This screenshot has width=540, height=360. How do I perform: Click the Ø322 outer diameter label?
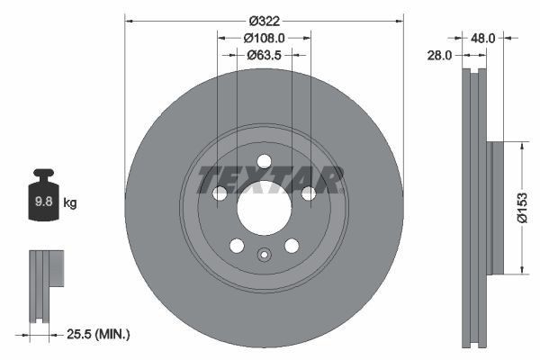[264, 21]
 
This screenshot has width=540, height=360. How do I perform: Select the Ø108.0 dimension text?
[264, 38]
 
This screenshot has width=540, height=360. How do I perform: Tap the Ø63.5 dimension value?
[265, 54]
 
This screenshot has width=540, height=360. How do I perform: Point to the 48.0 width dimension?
[483, 39]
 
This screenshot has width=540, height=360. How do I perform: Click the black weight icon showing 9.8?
[43, 196]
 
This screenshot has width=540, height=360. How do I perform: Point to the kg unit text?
[70, 203]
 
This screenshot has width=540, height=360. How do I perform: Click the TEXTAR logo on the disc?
[270, 179]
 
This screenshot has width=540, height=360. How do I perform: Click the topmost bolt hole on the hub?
[264, 162]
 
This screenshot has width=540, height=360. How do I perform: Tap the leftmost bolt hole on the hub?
[220, 193]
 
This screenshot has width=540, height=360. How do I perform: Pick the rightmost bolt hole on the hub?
[308, 193]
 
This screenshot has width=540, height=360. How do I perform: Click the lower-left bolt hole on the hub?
[237, 246]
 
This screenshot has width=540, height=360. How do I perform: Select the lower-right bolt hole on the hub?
[292, 246]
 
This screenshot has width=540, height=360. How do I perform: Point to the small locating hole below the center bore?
[264, 254]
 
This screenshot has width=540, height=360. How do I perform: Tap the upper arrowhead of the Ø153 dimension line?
[519, 145]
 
